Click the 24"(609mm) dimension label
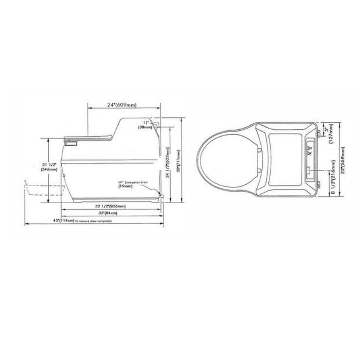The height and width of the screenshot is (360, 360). pos(123,105)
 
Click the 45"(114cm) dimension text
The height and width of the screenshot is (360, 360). pos(50,221)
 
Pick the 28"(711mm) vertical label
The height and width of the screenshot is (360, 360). pos(178,161)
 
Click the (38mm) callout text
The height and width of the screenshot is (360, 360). pos(146,127)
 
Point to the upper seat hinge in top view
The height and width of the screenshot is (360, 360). pos(260,147)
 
